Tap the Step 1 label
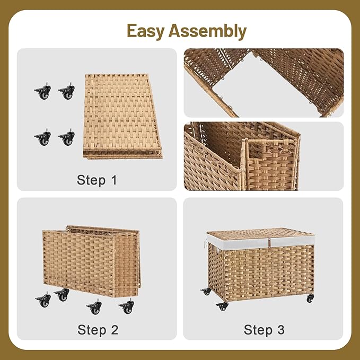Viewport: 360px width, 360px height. pyautogui.click(x=97, y=180)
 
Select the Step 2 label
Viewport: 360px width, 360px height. pyautogui.click(x=98, y=329)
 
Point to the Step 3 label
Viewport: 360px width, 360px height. pyautogui.click(x=264, y=329)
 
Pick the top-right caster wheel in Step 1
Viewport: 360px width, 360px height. pyautogui.click(x=67, y=91)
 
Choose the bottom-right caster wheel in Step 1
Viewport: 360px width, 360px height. pyautogui.click(x=67, y=138)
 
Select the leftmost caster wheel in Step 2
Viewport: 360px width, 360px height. pyautogui.click(x=43, y=300)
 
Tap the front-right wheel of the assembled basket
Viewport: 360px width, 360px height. pyautogui.click(x=310, y=298)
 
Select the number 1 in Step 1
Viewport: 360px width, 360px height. pyautogui.click(x=112, y=180)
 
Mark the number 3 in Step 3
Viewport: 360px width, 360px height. pyautogui.click(x=280, y=329)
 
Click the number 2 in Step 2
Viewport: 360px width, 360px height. pyautogui.click(x=114, y=329)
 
